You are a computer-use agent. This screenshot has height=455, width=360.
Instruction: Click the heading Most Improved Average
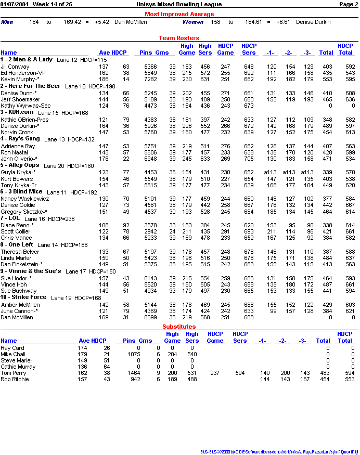[179, 14]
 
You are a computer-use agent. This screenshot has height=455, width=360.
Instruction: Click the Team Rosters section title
[179, 38]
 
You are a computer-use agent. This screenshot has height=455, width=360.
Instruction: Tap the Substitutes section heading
[179, 327]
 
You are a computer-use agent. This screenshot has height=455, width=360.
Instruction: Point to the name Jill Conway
[15, 67]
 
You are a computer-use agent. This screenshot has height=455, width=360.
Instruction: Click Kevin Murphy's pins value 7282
[150, 79]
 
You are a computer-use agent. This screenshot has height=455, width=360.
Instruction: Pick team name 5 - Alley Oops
[20, 165]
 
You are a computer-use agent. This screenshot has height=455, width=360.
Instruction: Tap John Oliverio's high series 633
[205, 159]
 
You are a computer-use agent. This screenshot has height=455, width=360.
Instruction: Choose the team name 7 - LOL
[10, 218]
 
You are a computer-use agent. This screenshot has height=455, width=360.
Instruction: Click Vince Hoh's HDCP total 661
[349, 284]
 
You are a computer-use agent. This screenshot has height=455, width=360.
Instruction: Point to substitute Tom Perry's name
[12, 373]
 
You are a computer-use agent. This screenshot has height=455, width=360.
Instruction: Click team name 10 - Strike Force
[23, 297]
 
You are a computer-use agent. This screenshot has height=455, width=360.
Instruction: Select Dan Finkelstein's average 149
[104, 264]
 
